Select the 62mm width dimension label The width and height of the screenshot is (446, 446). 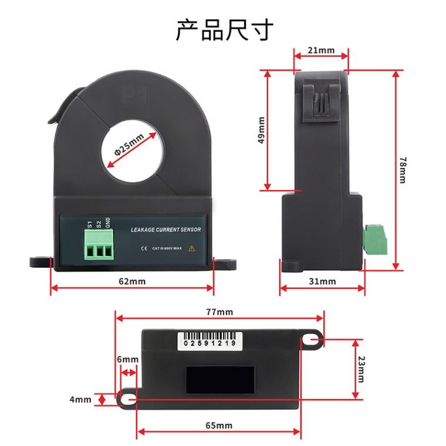[x=132, y=281]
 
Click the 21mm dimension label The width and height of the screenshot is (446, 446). [x=321, y=50]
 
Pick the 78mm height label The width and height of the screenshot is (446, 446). [x=402, y=170]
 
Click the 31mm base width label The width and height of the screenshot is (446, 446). [x=322, y=281]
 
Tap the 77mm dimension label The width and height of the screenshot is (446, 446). [x=219, y=312]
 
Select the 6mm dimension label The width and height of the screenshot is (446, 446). [x=127, y=359]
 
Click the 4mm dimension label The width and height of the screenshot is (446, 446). [x=80, y=400]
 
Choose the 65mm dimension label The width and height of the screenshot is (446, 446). [x=219, y=425]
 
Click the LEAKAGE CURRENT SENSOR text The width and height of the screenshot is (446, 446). [x=165, y=229]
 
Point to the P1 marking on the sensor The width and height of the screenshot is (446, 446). [x=134, y=96]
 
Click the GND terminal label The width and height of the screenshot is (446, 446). [x=108, y=222]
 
